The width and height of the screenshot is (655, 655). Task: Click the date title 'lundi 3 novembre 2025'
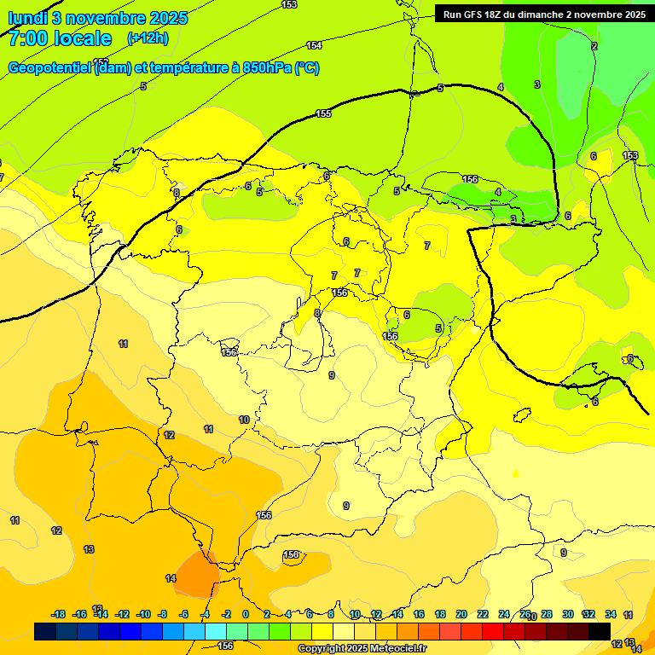pos(98,18)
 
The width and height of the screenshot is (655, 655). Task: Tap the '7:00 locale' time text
pos(60,38)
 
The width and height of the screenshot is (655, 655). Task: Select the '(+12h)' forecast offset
pos(148,38)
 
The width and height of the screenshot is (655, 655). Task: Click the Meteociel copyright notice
pos(362,649)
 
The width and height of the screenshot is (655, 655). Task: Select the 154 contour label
pos(314,45)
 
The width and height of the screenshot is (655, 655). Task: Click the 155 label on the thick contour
pos(323,113)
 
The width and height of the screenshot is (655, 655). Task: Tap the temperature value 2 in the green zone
pos(594,46)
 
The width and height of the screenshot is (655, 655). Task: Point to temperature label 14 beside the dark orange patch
pos(171,578)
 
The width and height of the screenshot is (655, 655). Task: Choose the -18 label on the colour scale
pos(59,614)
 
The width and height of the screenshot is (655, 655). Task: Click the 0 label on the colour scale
pos(246,614)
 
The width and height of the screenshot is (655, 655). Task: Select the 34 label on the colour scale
pos(611,614)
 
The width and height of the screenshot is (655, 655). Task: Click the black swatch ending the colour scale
pos(600,631)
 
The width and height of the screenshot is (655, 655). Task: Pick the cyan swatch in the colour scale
pos(216,631)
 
